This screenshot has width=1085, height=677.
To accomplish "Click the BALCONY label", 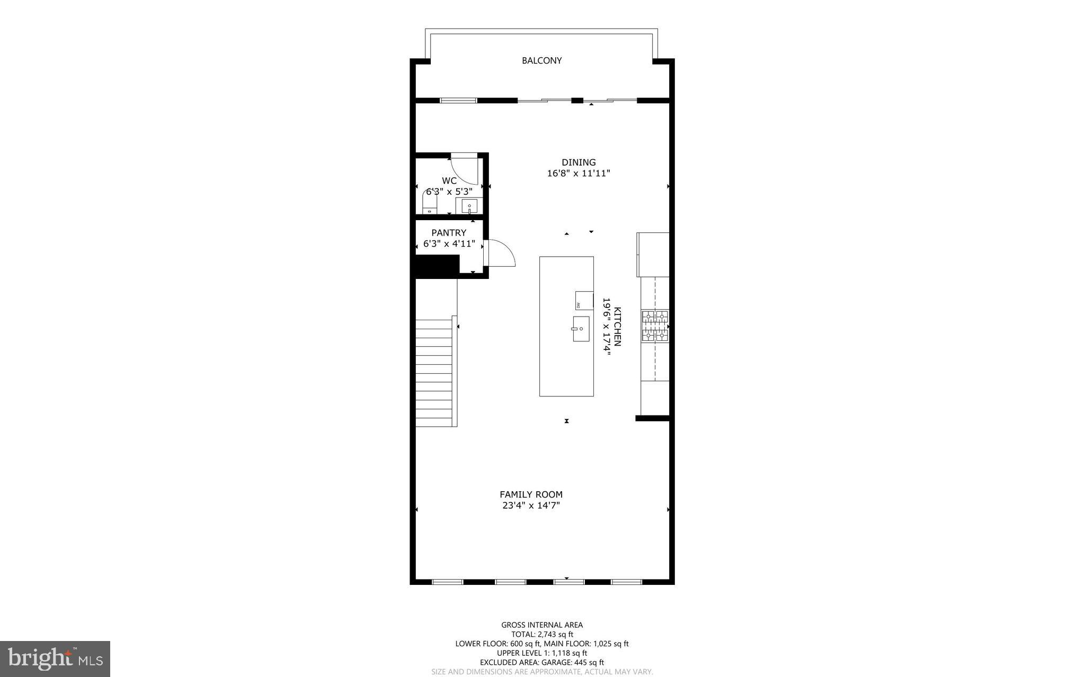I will pos(541,60).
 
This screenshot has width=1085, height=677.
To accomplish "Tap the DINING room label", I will pos(579,163).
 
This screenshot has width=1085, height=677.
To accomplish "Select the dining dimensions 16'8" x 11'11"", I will pos(579,173).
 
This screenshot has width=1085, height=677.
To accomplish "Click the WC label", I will pos(449,180).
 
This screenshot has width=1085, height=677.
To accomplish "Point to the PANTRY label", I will pos(449,233).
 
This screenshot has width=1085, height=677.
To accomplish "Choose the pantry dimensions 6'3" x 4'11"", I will pos(449,244).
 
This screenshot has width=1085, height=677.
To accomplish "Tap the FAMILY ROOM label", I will pos(531,494).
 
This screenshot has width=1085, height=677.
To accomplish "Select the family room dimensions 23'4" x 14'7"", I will pos(531,506).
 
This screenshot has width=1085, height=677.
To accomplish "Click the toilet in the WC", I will pos(430,203).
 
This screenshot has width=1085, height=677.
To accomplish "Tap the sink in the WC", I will pos(469,206).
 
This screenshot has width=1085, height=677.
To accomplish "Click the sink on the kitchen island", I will pos(581,329).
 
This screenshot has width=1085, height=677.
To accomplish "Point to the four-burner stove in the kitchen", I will pos(655,326).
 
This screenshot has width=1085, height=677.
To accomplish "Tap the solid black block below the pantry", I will pos(436,266).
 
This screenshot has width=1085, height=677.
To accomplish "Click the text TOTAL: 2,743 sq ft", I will pos(541,634).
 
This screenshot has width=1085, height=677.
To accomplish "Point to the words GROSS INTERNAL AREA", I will pos(541,625).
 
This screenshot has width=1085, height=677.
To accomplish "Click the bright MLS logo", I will pos(55,658).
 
